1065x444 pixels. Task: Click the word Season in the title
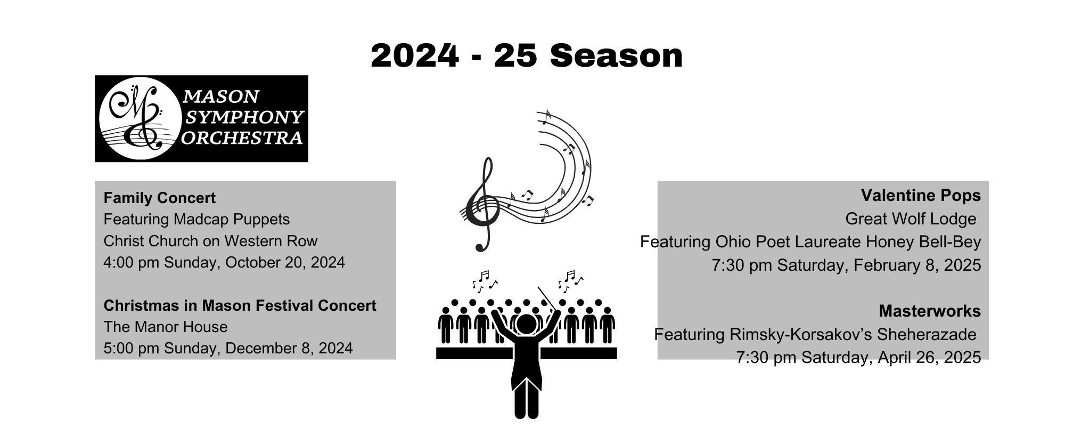tap(616, 56)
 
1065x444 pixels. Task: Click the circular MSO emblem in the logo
tap(137, 118)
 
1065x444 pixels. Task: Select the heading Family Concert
tap(159, 198)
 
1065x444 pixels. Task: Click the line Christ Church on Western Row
tap(210, 241)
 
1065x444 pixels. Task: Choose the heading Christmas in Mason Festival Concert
tap(240, 305)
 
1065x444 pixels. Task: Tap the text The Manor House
tap(165, 327)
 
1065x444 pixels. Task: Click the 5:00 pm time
tap(131, 348)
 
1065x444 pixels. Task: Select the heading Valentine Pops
tap(921, 196)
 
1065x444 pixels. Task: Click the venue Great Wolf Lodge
tap(911, 219)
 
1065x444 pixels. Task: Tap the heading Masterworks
tap(929, 311)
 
